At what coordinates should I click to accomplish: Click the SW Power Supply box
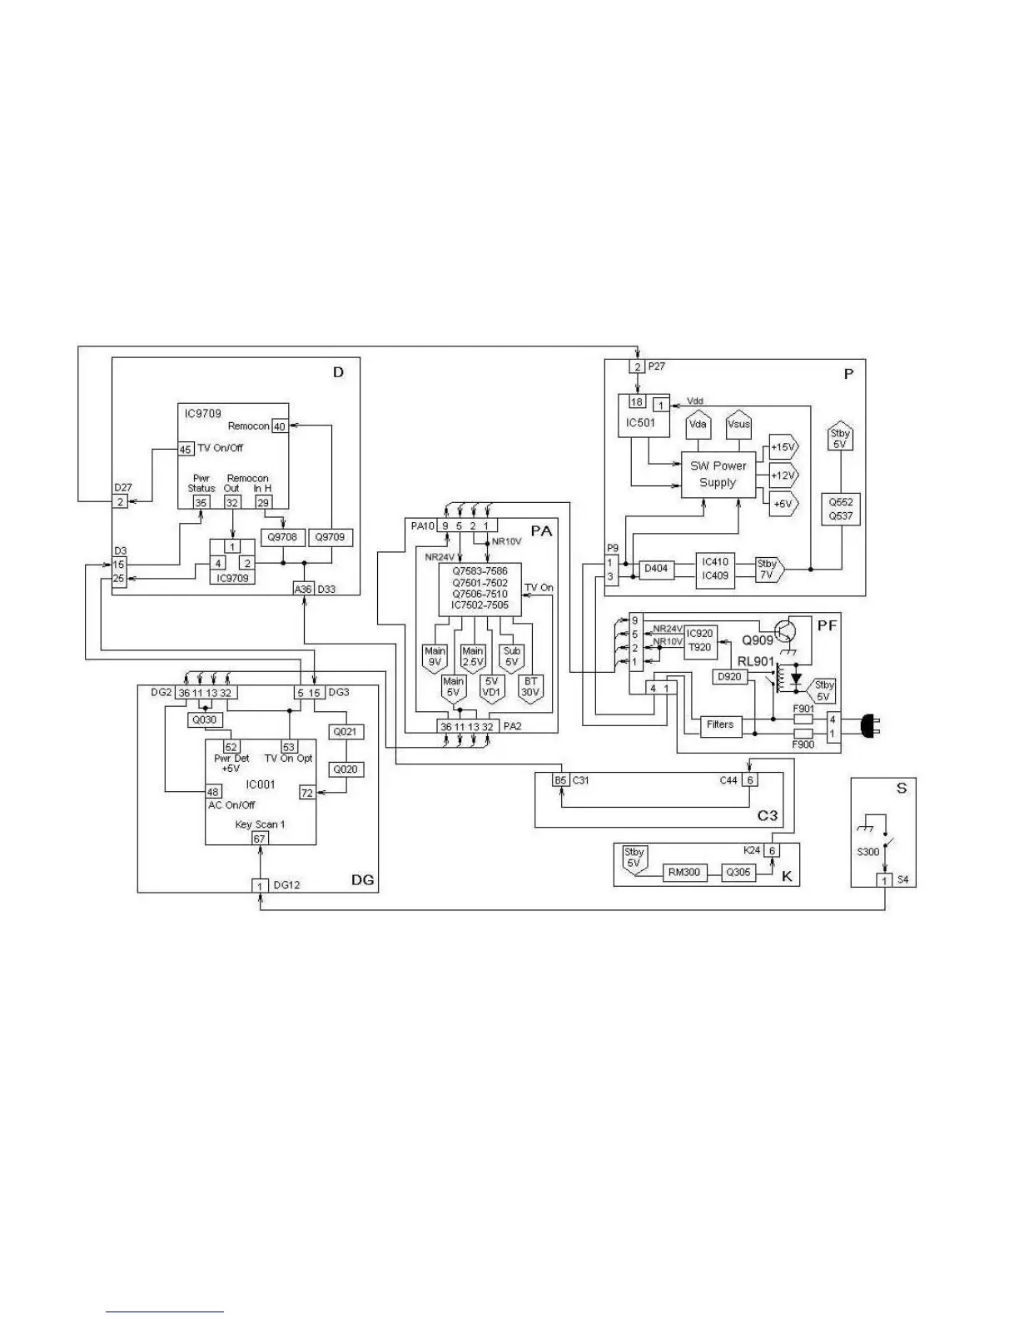tap(718, 475)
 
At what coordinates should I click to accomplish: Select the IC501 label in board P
tap(640, 422)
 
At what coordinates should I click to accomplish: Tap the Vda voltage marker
tap(698, 426)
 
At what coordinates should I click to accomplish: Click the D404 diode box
tap(656, 570)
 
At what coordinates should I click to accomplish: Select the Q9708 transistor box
tap(282, 537)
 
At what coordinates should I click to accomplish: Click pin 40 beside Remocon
tap(280, 426)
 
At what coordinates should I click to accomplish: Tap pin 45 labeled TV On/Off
tap(186, 449)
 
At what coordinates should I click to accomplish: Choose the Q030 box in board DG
tap(204, 720)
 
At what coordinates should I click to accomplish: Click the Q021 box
tap(345, 732)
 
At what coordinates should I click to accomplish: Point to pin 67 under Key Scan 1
tap(259, 839)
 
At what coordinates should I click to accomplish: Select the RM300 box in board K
tap(683, 873)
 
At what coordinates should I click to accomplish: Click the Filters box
tap(719, 724)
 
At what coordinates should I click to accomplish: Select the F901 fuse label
tap(803, 709)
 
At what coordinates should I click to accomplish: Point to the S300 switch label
tap(867, 852)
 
